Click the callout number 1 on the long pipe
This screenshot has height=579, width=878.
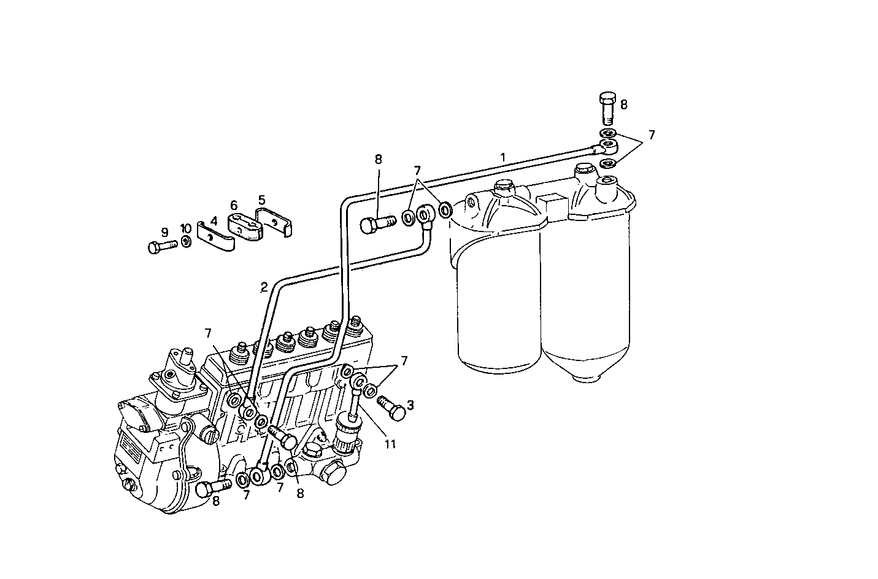(x=503, y=158)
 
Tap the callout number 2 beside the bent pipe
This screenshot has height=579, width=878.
(x=264, y=287)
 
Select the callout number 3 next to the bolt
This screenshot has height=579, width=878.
(x=410, y=405)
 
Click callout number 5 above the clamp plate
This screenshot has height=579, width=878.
(x=261, y=200)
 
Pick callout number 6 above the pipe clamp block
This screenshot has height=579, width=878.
(x=234, y=204)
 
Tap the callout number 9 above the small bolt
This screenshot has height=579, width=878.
(x=164, y=232)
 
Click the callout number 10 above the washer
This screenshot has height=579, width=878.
(x=185, y=228)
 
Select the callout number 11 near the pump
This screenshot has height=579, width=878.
(x=390, y=444)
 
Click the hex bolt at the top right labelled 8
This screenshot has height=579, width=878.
(x=607, y=108)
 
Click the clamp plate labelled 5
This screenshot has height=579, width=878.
(x=275, y=221)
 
